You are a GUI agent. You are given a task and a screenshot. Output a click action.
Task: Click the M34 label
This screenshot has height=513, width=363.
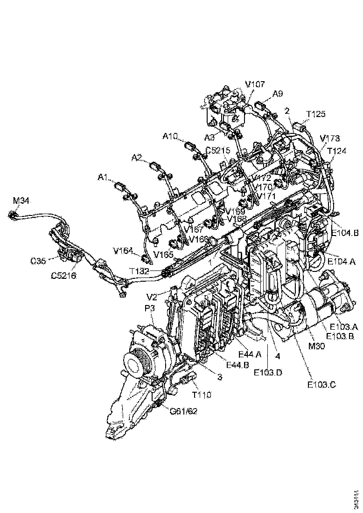tap(21, 201)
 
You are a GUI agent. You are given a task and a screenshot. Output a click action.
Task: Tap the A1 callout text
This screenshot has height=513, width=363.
tap(103, 177)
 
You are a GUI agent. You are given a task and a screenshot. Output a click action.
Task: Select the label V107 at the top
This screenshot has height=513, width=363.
tap(255, 84)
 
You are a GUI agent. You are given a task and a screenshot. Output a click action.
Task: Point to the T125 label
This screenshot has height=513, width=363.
tap(316, 114)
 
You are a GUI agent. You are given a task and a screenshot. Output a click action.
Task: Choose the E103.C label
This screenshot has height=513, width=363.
tap(321, 385)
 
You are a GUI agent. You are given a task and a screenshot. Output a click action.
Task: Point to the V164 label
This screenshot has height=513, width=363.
tap(123, 250)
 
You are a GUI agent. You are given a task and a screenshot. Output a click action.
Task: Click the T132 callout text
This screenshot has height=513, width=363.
tap(140, 271)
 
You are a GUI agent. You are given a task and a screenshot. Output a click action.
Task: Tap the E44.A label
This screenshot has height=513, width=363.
tap(249, 354)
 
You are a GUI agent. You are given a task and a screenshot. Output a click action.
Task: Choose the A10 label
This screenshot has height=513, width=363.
tap(170, 137)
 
